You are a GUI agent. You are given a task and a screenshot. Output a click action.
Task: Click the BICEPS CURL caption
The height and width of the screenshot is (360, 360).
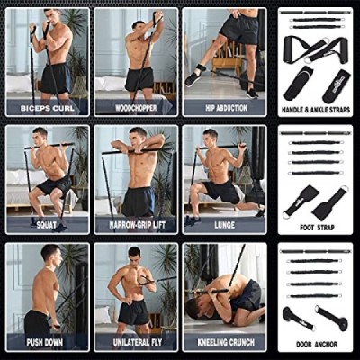click(48, 108)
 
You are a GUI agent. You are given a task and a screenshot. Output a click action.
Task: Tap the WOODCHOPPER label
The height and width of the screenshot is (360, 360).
click(136, 108)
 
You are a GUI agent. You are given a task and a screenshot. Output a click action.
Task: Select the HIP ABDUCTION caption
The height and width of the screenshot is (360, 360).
click(227, 108)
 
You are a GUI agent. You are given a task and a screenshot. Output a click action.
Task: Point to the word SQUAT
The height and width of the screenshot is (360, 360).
click(47, 225)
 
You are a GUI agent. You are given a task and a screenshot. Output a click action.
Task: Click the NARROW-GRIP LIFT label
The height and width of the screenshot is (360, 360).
click(138, 225)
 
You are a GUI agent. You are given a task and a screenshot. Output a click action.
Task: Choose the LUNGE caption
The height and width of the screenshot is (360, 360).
click(225, 225)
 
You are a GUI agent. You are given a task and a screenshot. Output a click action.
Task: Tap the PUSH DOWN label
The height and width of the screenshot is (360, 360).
click(45, 342)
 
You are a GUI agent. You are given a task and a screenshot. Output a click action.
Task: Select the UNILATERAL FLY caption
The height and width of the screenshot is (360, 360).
click(138, 342)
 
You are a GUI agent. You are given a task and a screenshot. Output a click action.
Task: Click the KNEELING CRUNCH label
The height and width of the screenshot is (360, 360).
click(226, 342)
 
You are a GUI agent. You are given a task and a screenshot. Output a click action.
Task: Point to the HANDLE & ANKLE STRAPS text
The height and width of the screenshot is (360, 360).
click(316, 110)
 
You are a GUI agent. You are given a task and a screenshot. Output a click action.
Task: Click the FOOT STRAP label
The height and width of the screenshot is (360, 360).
click(317, 228)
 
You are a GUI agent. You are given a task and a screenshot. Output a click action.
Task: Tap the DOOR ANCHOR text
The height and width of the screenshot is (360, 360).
click(317, 345)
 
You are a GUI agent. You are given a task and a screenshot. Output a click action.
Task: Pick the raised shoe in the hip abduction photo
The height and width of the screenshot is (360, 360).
click(193, 79)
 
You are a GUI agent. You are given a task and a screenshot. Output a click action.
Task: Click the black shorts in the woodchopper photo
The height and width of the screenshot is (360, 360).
click(139, 79)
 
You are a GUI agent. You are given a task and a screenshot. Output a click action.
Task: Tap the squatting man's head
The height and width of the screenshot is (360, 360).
click(40, 137)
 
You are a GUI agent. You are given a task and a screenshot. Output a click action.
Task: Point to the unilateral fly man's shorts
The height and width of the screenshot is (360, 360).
click(133, 312)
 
